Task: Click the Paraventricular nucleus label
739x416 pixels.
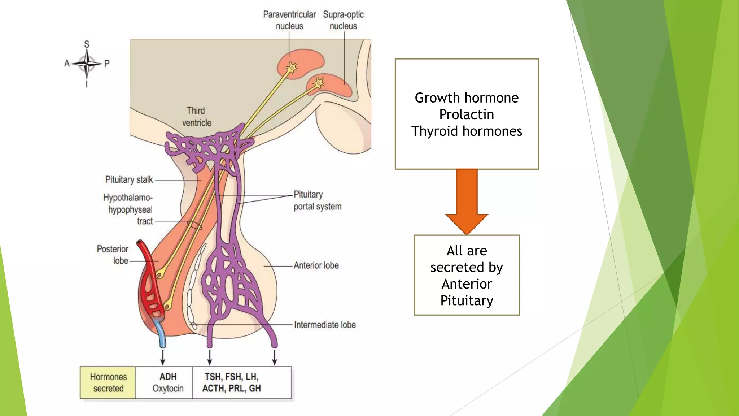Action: click(289, 20)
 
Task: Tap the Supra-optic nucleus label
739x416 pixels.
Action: click(343, 20)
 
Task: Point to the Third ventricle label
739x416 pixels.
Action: click(196, 117)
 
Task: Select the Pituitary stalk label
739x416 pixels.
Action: click(129, 179)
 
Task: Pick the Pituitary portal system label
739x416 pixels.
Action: click(317, 200)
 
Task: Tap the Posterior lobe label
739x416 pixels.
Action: click(113, 255)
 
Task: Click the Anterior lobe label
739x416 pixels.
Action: click(316, 265)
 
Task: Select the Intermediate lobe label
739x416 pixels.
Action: click(325, 325)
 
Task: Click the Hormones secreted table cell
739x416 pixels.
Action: click(108, 382)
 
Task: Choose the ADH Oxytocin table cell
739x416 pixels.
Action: click(168, 382)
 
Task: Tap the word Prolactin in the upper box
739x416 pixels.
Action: click(466, 114)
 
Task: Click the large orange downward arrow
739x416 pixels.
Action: click(467, 202)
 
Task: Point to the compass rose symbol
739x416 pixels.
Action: click(87, 64)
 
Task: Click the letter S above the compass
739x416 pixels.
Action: click(87, 44)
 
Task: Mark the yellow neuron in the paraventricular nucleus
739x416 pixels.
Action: click(292, 67)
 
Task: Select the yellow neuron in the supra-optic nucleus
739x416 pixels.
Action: click(319, 83)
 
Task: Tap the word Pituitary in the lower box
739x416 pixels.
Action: click(467, 300)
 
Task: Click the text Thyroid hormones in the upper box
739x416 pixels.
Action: click(466, 131)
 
